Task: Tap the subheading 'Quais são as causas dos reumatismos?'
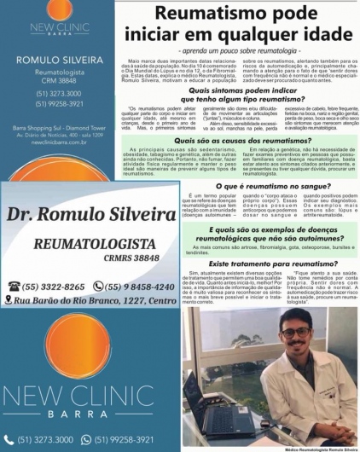pos(241,139)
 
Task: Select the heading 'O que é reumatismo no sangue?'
pos(241,184)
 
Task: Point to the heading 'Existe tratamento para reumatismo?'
pos(241,265)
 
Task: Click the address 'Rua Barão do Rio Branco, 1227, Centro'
pos(91,301)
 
